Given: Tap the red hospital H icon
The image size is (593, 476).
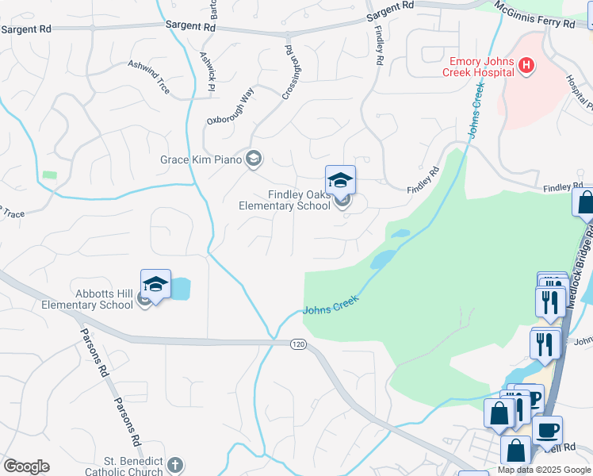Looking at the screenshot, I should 526,67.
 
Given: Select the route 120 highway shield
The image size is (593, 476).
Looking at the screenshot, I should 297,344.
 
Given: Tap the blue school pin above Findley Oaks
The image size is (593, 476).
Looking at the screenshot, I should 341,180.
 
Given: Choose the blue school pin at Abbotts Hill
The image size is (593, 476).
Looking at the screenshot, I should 156,285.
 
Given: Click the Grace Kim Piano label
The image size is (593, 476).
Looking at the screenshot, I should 201,159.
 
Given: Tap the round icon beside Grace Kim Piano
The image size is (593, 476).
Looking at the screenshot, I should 254,159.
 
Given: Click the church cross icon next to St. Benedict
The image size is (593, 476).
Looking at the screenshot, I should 176,465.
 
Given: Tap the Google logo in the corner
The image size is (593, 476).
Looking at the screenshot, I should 26,466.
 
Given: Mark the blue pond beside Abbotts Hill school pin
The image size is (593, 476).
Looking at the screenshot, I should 182,288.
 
